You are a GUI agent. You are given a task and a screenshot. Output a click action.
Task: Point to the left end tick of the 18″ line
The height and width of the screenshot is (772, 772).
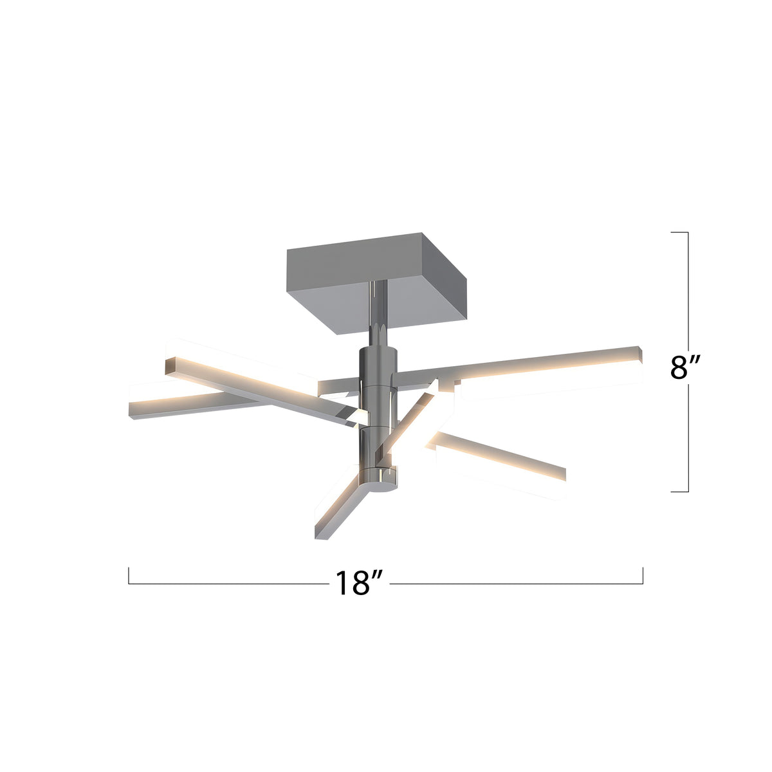pyautogui.click(x=129, y=575)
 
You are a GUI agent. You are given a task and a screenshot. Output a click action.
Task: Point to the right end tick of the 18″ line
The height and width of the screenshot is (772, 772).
pyautogui.click(x=643, y=575)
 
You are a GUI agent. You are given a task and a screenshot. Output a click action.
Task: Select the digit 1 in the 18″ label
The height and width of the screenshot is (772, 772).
pyautogui.click(x=341, y=583)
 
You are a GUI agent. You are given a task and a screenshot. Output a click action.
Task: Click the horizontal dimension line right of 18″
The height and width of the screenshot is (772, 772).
pyautogui.click(x=515, y=584)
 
